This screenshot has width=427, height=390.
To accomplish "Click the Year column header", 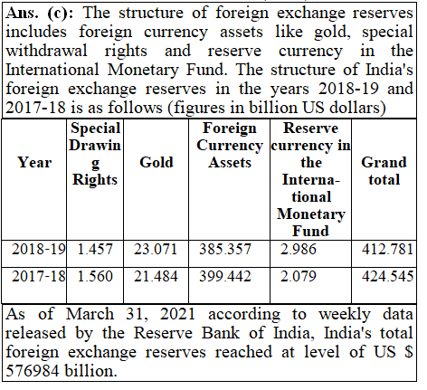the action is click(x=34, y=162).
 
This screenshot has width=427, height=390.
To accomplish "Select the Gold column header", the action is click(x=157, y=162).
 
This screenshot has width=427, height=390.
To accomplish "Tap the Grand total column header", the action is click(x=384, y=171).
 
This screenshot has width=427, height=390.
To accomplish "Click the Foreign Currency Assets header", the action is click(x=230, y=145).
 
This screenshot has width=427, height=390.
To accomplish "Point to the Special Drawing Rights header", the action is click(x=95, y=154).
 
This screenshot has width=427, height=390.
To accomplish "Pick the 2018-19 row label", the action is click(x=39, y=250).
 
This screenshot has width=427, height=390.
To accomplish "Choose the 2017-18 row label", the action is click(x=39, y=276).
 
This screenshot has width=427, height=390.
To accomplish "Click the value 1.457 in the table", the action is click(x=95, y=250).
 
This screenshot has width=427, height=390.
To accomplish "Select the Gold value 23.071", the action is click(x=156, y=250).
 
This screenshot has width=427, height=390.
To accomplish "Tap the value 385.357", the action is click(x=225, y=250).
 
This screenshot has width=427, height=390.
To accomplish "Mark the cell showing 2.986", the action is click(x=299, y=250).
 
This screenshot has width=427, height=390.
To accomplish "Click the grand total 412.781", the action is click(x=387, y=250).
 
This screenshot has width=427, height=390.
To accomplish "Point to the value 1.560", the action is click(x=95, y=276).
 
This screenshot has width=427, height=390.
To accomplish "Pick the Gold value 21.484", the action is click(x=156, y=276).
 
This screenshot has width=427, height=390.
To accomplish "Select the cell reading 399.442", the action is click(x=225, y=276).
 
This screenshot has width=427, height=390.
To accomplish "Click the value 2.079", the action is click(x=299, y=276).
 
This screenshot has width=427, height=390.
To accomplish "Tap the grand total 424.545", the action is click(x=387, y=276).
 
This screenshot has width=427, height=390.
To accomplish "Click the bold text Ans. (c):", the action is click(x=39, y=14).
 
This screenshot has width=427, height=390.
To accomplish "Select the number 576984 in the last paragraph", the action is click(x=33, y=371).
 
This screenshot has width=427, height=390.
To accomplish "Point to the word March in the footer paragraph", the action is click(x=90, y=314).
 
